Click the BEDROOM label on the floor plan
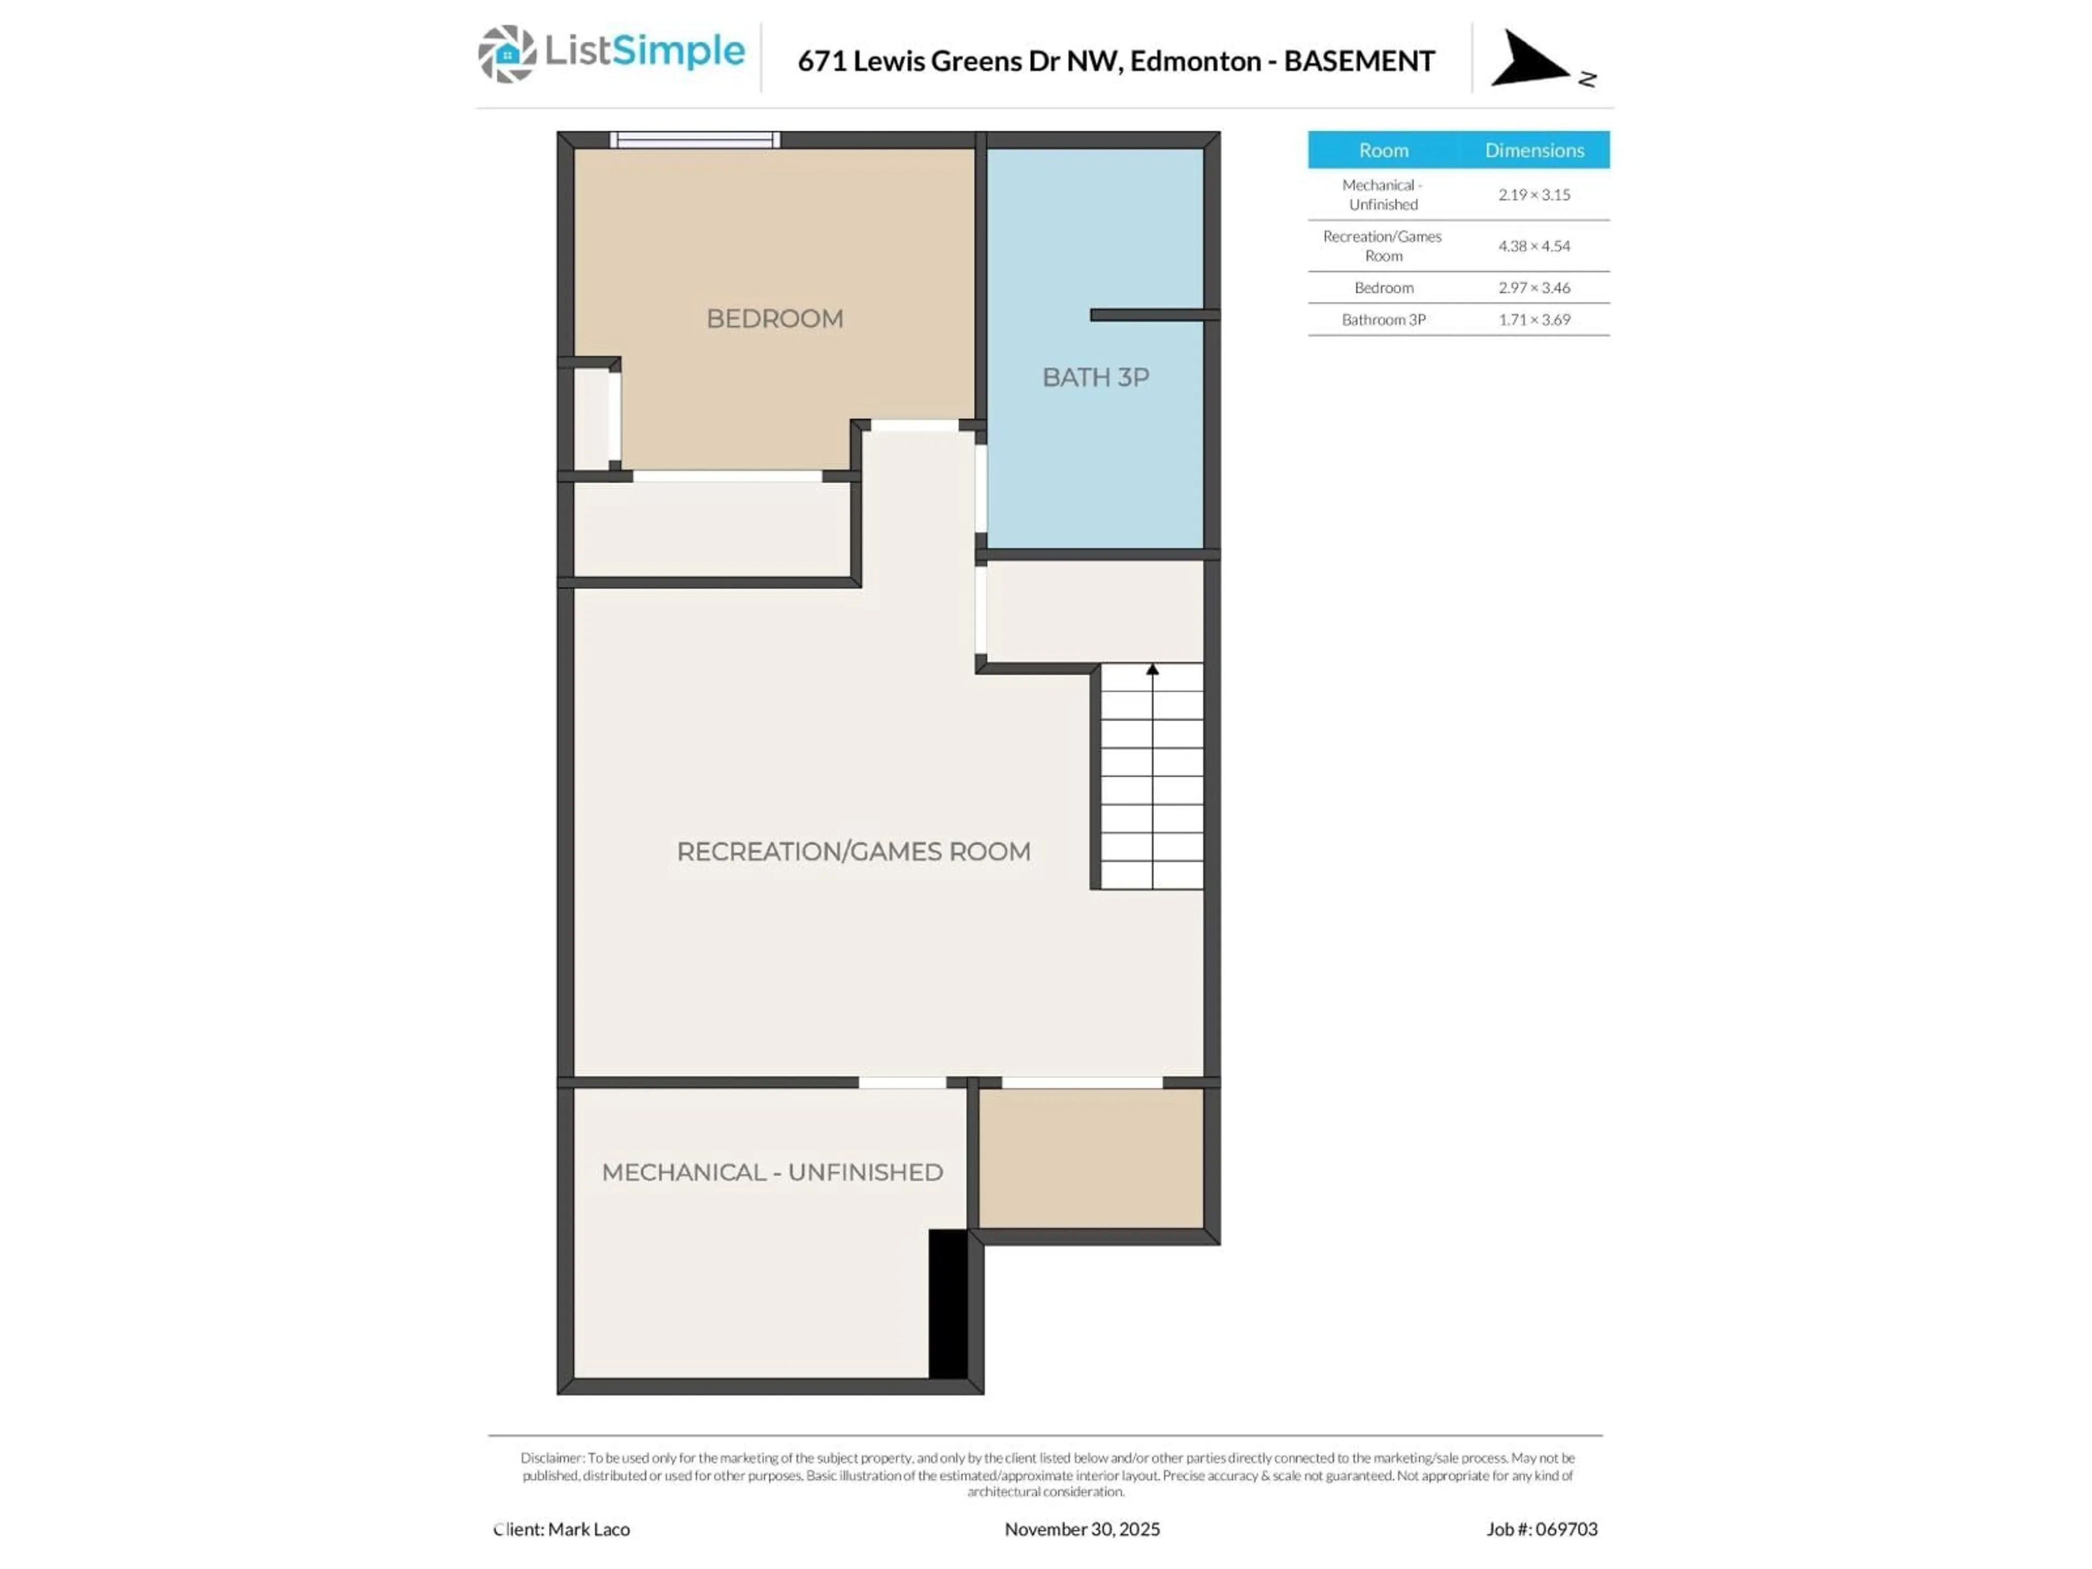point(775,319)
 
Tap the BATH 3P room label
point(1095,378)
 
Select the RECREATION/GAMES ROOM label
point(853,851)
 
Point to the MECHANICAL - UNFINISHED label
point(772,1172)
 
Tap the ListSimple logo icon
point(507,54)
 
